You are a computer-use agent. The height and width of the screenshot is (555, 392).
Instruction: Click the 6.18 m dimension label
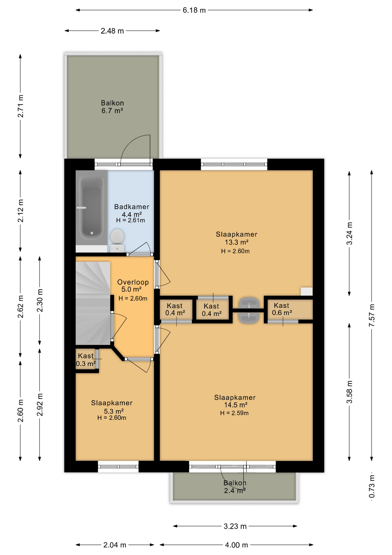tap(194, 10)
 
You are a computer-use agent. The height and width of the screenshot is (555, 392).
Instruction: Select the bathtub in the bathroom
tap(92, 207)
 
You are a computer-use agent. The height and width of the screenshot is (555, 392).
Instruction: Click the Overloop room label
tap(133, 282)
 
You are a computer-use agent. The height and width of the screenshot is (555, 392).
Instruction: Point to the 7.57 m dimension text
tap(372, 315)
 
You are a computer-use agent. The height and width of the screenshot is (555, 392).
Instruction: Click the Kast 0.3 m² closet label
tap(86, 360)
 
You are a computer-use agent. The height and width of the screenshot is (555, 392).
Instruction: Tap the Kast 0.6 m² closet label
tap(282, 309)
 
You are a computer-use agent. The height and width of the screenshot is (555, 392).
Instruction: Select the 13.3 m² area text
tap(237, 242)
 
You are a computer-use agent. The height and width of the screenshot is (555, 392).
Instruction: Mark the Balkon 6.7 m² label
tap(112, 107)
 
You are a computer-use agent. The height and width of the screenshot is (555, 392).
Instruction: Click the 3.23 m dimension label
tap(235, 526)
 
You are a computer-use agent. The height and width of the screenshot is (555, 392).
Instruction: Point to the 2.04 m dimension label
tap(115, 545)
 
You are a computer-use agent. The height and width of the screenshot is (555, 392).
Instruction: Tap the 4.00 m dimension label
tap(236, 545)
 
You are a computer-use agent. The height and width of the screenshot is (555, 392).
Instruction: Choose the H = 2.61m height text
tap(130, 220)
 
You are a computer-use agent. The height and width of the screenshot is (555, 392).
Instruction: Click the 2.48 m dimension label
tap(112, 31)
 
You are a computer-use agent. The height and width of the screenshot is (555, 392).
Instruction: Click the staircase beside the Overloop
tap(93, 303)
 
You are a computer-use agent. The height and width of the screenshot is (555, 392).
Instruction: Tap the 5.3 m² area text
tap(114, 411)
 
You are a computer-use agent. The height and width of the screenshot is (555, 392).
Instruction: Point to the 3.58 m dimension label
tap(349, 392)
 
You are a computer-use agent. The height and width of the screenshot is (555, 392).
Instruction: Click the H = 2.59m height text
tap(234, 413)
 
